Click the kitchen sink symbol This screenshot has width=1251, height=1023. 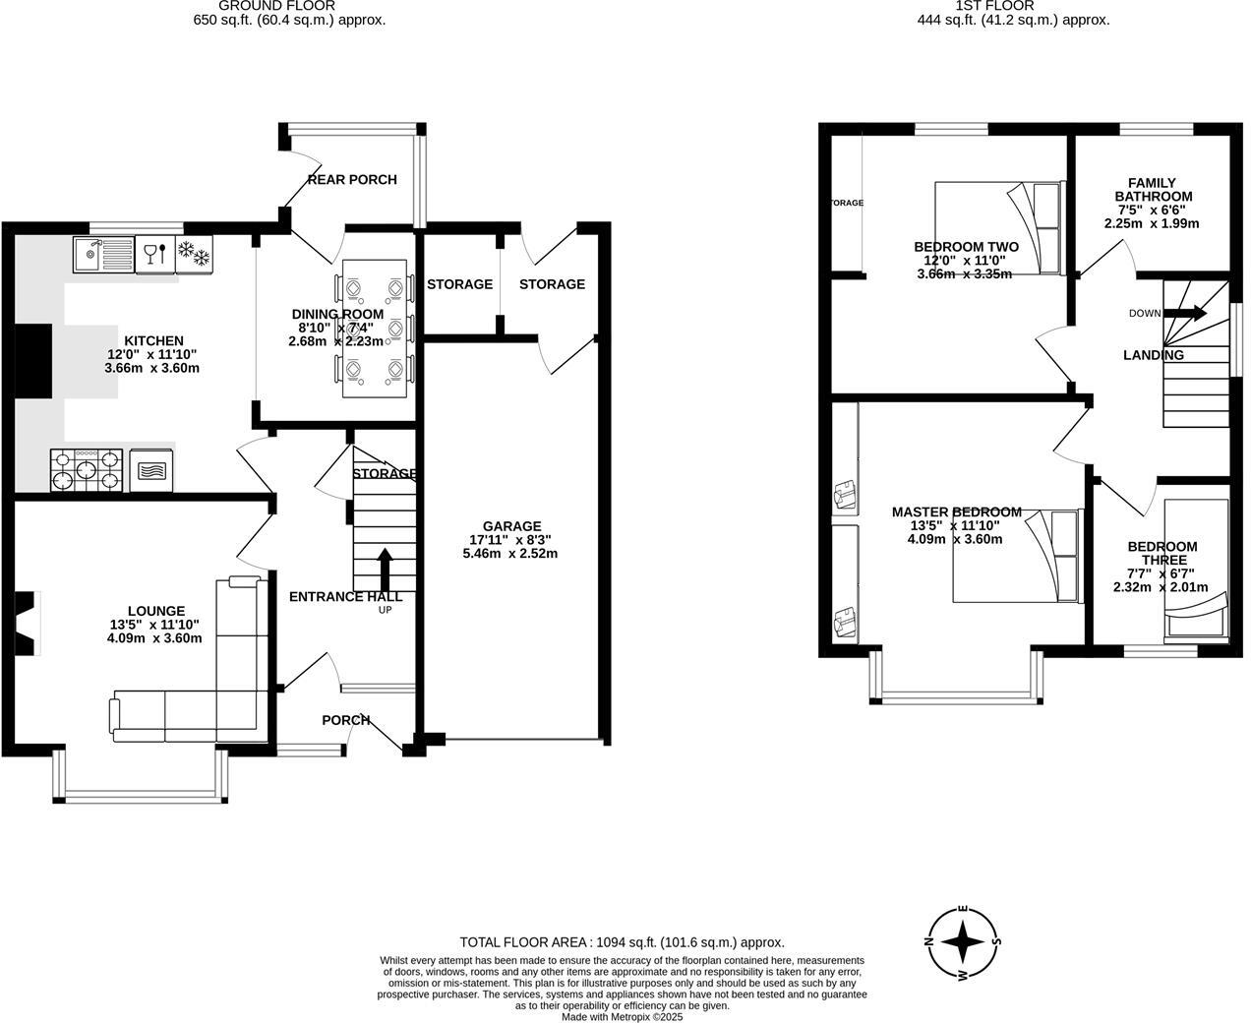tap(103, 256)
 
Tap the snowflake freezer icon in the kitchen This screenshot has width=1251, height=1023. tap(194, 254)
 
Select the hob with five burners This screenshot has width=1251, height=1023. tap(88, 470)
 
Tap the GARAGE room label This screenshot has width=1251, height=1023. tap(510, 526)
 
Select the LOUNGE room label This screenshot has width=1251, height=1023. tap(155, 611)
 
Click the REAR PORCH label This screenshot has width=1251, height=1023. tap(352, 179)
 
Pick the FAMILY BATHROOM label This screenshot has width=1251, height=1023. tap(1152, 189)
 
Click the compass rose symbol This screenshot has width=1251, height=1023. tap(964, 941)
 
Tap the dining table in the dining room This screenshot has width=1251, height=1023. tap(375, 328)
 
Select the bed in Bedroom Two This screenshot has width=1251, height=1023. tap(999, 227)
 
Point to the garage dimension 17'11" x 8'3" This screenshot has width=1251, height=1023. tap(510, 540)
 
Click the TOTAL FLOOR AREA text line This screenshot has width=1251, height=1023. tap(622, 942)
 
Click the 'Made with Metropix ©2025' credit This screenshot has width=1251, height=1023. tap(622, 1017)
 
